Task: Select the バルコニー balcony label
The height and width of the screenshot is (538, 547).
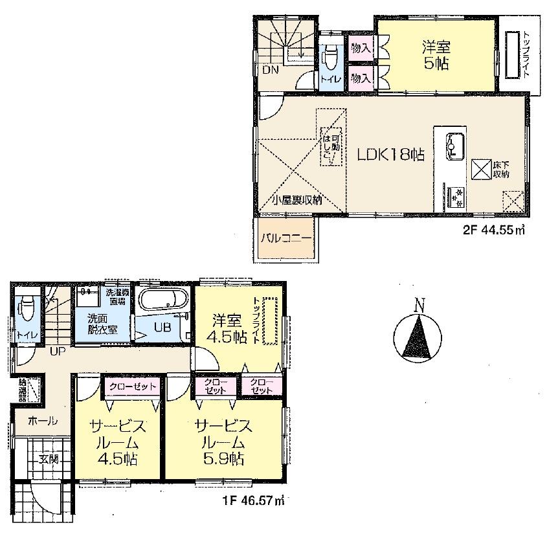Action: [x=286, y=238]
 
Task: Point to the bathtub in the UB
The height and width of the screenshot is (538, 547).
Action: [x=164, y=300]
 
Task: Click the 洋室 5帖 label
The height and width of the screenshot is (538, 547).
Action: [x=436, y=54]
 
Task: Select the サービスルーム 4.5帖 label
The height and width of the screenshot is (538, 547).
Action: [x=118, y=442]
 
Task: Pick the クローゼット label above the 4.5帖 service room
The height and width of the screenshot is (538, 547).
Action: [x=133, y=387]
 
